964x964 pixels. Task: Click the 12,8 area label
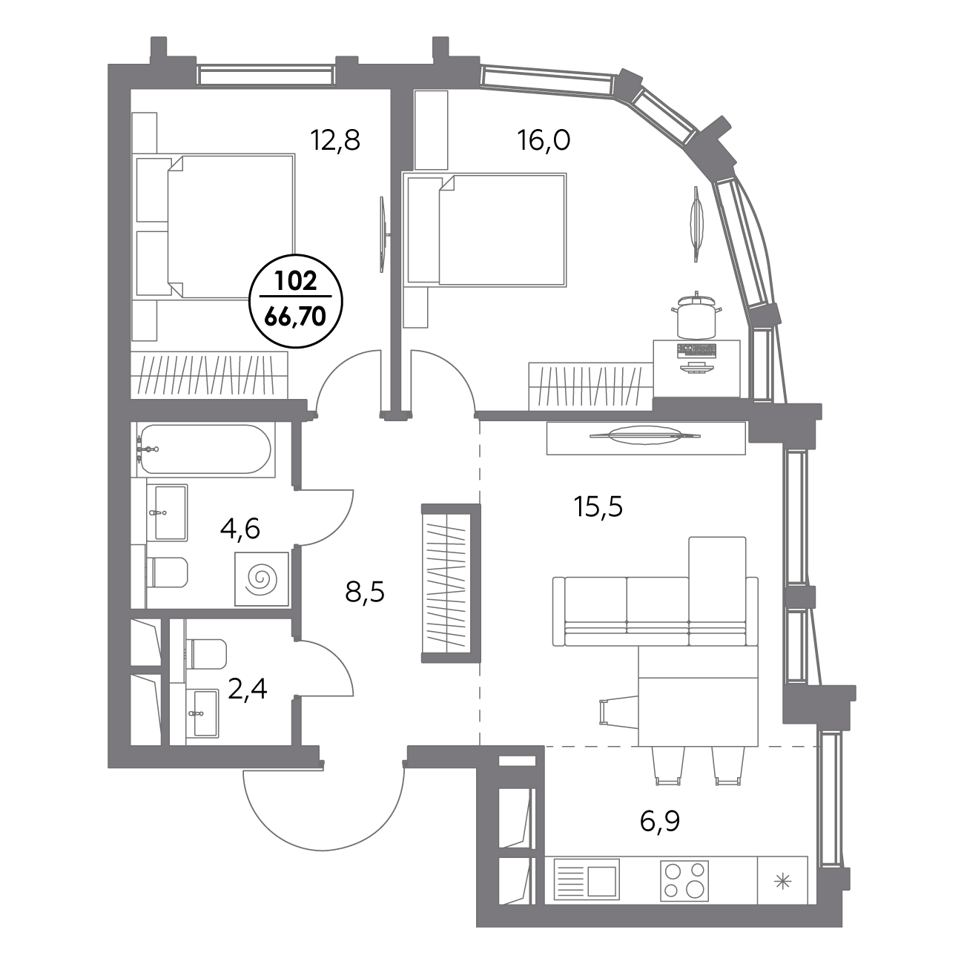pos(335,141)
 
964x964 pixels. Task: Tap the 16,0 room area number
pos(544,141)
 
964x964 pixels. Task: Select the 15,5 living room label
pos(598,507)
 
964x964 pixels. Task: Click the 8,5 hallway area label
pos(365,592)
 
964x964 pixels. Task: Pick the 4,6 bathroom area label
pos(240,529)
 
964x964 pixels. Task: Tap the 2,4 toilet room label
pos(247,689)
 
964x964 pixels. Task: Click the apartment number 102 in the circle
pos(296,281)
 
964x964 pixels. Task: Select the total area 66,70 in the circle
pos(296,316)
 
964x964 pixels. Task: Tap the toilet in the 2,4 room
pos(206,653)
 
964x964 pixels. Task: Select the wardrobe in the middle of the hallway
pos(451,583)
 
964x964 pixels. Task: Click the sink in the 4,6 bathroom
pos(171,512)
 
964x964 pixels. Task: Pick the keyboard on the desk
pos(697,350)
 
